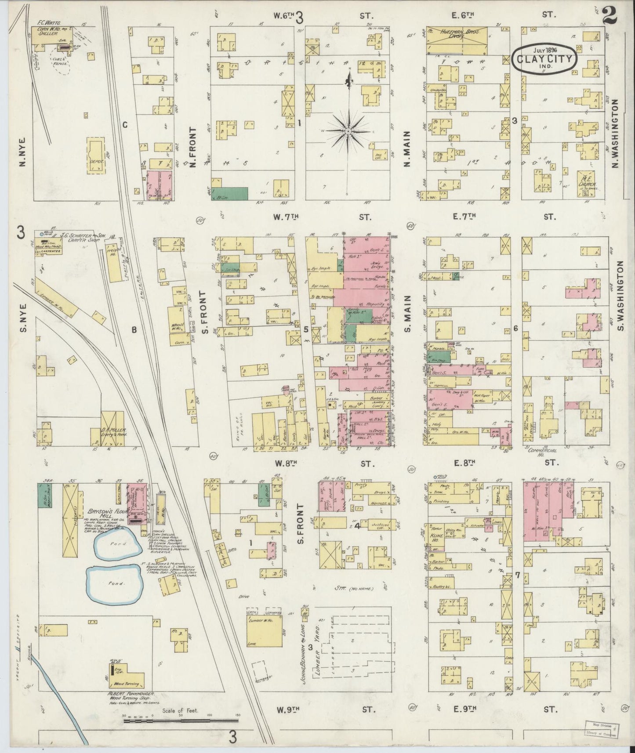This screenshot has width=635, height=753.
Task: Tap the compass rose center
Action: [x=348, y=131]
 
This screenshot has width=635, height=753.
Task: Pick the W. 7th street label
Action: [x=286, y=217]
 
